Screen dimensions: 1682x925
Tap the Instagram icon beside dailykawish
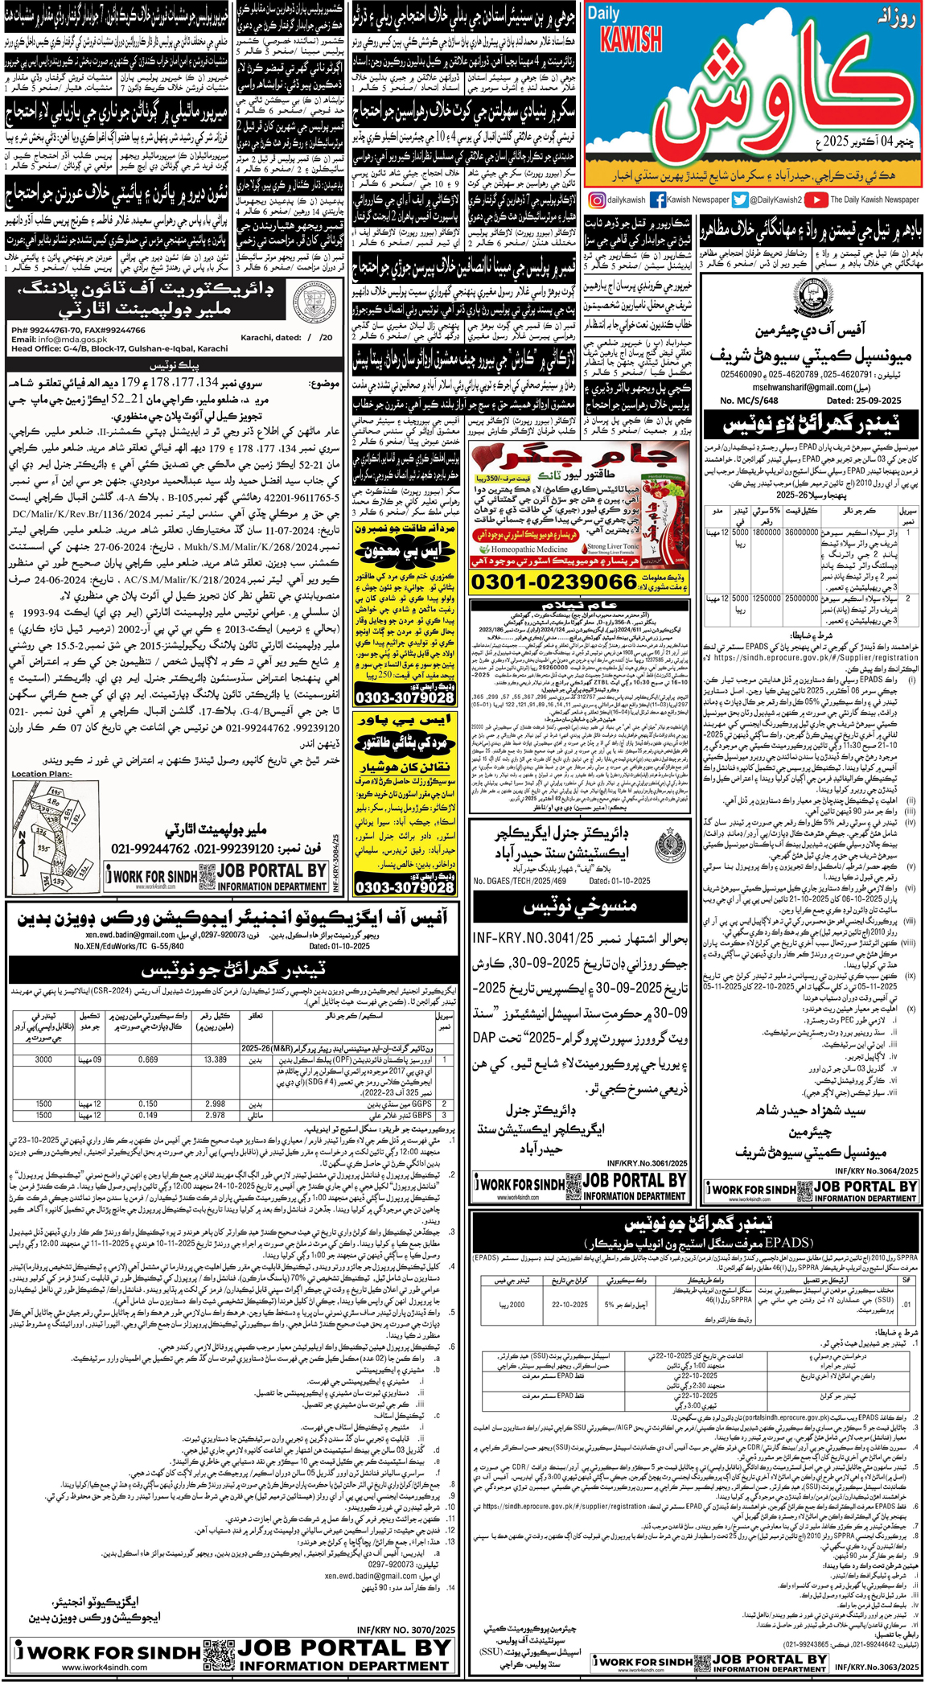tap(596, 199)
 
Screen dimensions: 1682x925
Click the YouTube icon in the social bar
tap(816, 199)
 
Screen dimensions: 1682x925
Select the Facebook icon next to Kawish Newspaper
tap(657, 199)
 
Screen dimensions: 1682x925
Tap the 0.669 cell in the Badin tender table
tap(148, 1059)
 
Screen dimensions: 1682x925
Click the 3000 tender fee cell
tap(43, 1059)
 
